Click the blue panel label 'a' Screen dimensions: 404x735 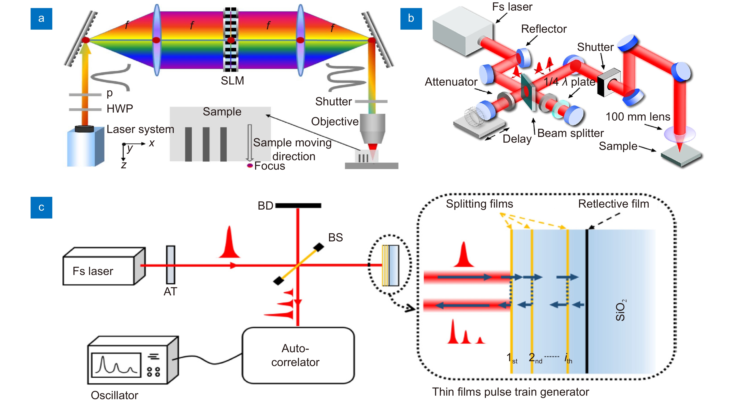tap(41, 19)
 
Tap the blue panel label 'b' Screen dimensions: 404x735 tap(411, 19)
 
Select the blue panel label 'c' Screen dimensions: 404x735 tap(41, 208)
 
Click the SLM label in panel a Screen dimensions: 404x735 tap(232, 81)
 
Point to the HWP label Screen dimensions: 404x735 tap(120, 109)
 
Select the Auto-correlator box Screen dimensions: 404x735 tap(298, 355)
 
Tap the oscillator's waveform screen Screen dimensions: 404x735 tap(116, 365)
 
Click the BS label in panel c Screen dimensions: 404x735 tap(336, 237)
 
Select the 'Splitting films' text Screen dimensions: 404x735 tap(479, 204)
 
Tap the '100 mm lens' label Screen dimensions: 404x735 tap(638, 117)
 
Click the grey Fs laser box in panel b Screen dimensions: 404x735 tap(462, 31)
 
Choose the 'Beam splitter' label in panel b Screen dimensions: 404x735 tap(571, 133)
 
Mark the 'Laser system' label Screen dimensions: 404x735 tap(140, 129)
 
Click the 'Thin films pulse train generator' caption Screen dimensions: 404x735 tap(511, 392)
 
